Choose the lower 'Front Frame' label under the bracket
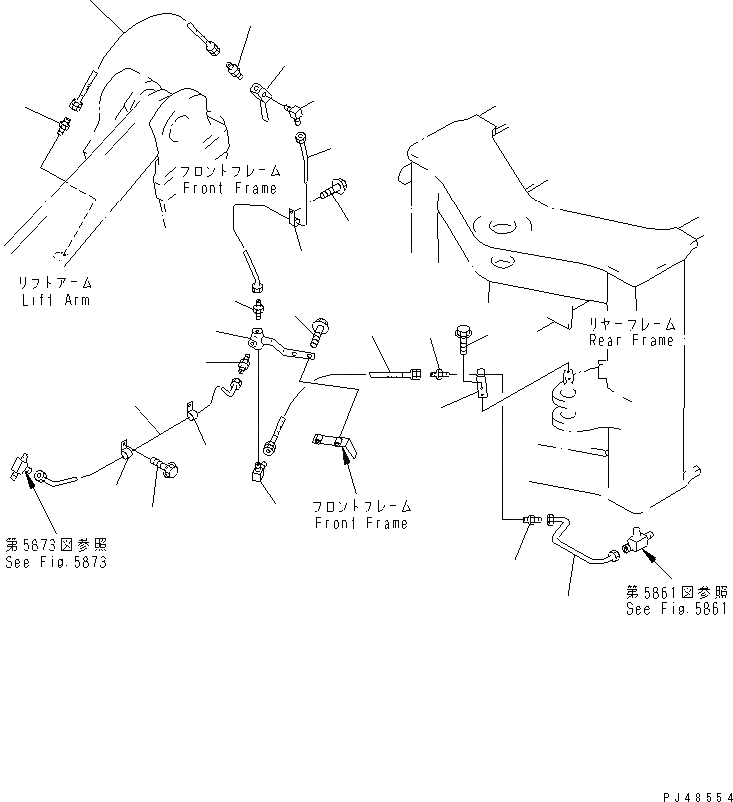[x=362, y=523]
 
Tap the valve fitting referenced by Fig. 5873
[x=23, y=465]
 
